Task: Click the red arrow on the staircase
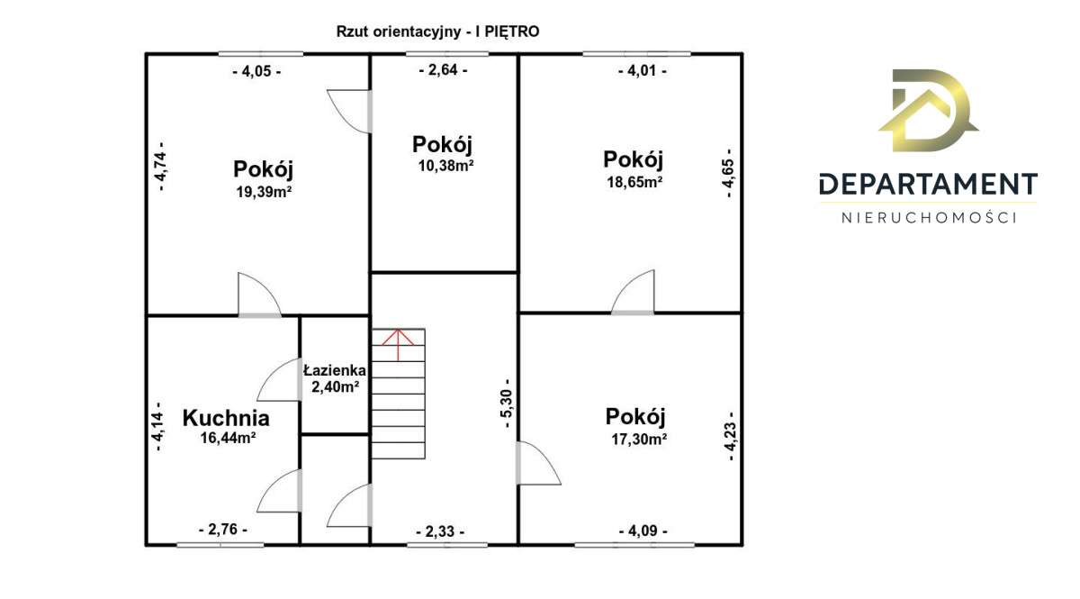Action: pyautogui.click(x=398, y=345)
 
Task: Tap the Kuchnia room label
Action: pyautogui.click(x=226, y=418)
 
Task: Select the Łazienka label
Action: pyautogui.click(x=335, y=370)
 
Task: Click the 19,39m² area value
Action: pyautogui.click(x=264, y=192)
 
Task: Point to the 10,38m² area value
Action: pyautogui.click(x=445, y=166)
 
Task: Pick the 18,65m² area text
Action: pyautogui.click(x=634, y=182)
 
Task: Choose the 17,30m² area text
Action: pyautogui.click(x=639, y=440)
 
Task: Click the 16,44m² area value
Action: pyautogui.click(x=228, y=438)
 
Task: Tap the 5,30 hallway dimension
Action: pyautogui.click(x=508, y=403)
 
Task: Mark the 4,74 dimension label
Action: pyautogui.click(x=161, y=166)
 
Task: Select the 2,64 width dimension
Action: pyautogui.click(x=443, y=70)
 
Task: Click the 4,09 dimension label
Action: pyautogui.click(x=643, y=531)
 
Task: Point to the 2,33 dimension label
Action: pyautogui.click(x=440, y=531)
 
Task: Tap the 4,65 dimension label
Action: pyautogui.click(x=728, y=173)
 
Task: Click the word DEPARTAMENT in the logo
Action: pyautogui.click(x=928, y=184)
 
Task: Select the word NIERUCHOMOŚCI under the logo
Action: pyautogui.click(x=929, y=218)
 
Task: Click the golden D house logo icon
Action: pyautogui.click(x=928, y=111)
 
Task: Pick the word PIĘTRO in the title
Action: pyautogui.click(x=511, y=32)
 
